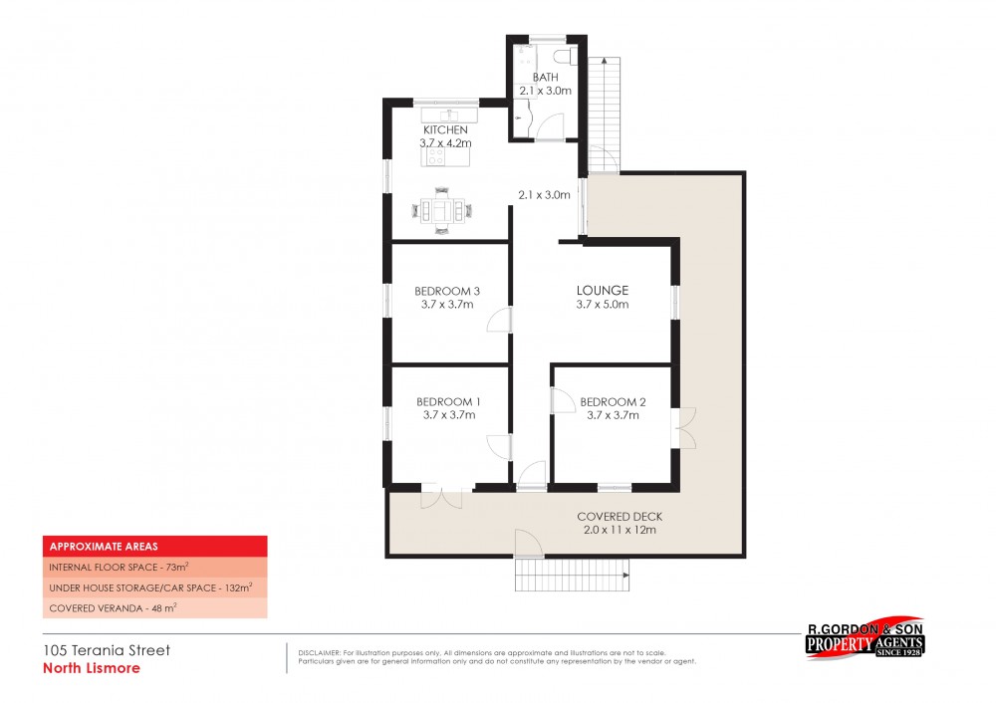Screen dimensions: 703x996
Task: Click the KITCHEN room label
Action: [445, 130]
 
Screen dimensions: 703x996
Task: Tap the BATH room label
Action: [545, 77]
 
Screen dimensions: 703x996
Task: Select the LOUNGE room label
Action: [602, 291]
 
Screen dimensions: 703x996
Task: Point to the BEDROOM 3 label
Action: [447, 291]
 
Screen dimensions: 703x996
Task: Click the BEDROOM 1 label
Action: [447, 402]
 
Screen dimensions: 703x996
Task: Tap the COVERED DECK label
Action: [620, 517]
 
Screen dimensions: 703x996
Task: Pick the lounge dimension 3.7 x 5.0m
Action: [602, 305]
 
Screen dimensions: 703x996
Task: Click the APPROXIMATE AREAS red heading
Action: [154, 546]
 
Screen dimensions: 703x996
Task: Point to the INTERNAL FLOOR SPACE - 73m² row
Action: [154, 567]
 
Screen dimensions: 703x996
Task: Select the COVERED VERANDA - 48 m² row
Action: [154, 607]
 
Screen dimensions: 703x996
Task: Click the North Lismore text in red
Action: [92, 668]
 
